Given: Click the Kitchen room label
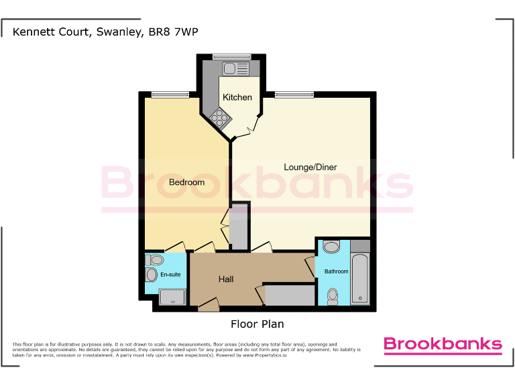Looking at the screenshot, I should pyautogui.click(x=237, y=98).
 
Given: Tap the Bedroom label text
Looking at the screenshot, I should pyautogui.click(x=186, y=182).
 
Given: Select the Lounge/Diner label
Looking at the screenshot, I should pyautogui.click(x=310, y=167).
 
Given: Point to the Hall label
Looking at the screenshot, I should pyautogui.click(x=226, y=279).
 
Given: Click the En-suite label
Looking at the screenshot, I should pyautogui.click(x=170, y=275).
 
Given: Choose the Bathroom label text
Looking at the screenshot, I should pyautogui.click(x=337, y=271).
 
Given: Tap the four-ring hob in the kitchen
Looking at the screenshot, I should pyautogui.click(x=220, y=119).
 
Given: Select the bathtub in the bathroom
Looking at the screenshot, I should pyautogui.click(x=360, y=279).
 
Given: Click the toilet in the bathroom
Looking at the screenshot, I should pyautogui.click(x=332, y=296).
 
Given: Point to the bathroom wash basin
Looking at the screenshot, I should pyautogui.click(x=331, y=247).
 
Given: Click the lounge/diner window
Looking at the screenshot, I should pyautogui.click(x=294, y=94).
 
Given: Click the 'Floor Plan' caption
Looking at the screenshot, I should pyautogui.click(x=257, y=324).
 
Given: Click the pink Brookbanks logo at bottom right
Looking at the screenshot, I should pyautogui.click(x=442, y=344).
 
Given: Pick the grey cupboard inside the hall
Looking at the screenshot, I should pyautogui.click(x=290, y=294).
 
